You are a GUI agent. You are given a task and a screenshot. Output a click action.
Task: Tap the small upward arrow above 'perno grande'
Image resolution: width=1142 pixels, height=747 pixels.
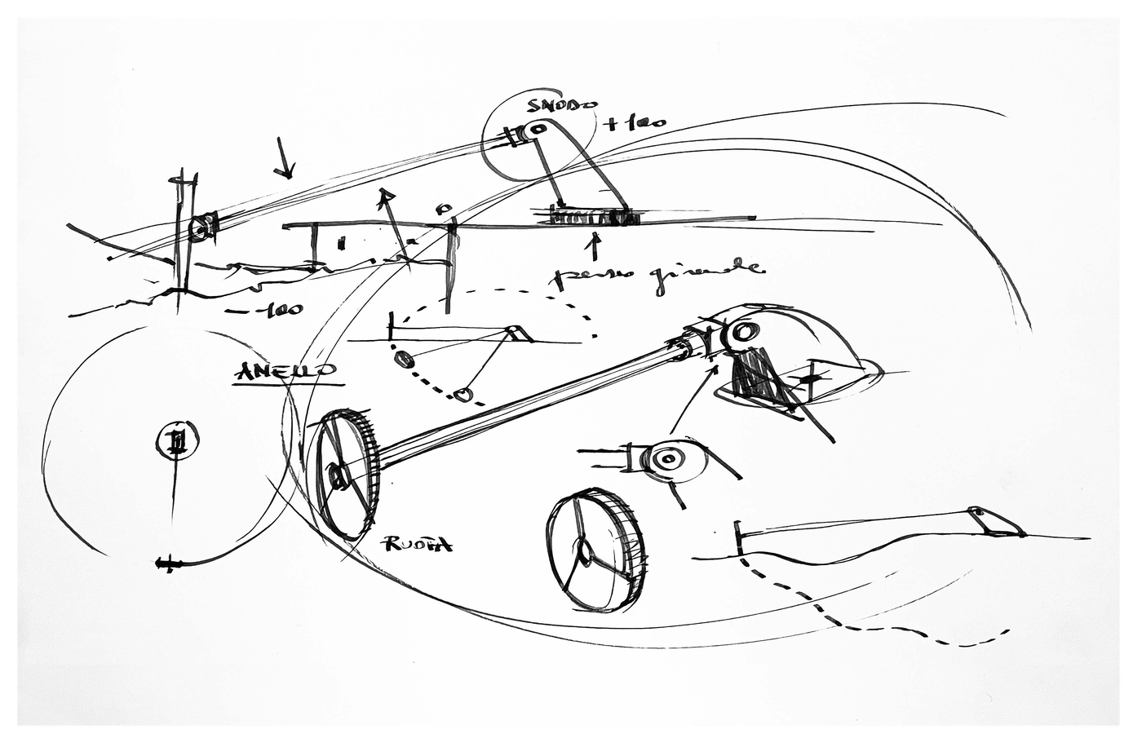pyautogui.click(x=595, y=242)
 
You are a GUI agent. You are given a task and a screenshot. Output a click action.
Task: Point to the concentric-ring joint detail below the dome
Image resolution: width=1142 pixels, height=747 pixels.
pyautogui.click(x=668, y=460)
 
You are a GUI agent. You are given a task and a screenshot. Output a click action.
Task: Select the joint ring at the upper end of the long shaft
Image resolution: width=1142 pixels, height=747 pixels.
pyautogui.click(x=742, y=332)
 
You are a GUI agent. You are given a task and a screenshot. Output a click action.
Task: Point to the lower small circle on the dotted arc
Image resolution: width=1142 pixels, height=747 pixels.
pyautogui.click(x=463, y=396)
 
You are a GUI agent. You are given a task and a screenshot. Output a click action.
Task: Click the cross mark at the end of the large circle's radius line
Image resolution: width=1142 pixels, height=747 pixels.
pyautogui.click(x=166, y=563)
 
